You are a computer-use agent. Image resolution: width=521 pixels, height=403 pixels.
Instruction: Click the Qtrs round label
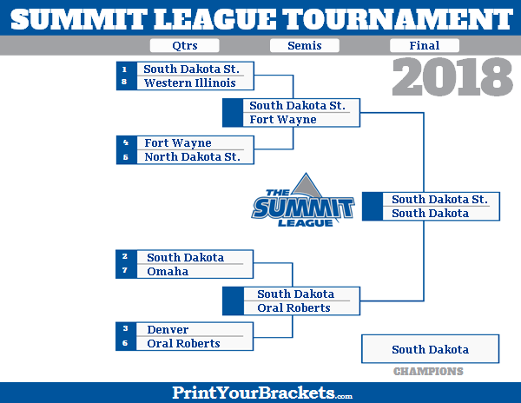[x=184, y=46]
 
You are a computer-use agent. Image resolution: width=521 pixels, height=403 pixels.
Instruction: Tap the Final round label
[x=425, y=46]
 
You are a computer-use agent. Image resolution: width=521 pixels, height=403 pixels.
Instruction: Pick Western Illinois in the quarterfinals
[x=189, y=83]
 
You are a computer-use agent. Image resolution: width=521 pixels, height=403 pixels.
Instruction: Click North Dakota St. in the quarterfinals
[x=192, y=157]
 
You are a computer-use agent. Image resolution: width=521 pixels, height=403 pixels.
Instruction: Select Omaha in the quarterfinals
[x=168, y=272]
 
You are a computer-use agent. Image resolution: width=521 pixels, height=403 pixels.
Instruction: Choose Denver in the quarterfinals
[x=168, y=330]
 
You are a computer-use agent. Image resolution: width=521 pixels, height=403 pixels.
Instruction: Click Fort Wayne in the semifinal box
[x=283, y=120]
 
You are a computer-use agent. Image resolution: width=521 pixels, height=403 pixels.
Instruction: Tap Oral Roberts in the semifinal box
[x=293, y=307]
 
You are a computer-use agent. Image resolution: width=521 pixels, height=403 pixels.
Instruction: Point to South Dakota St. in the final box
[x=439, y=200]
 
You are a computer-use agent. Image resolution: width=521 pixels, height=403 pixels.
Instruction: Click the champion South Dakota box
[x=430, y=349]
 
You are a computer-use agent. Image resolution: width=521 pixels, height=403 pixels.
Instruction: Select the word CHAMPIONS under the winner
[x=428, y=372]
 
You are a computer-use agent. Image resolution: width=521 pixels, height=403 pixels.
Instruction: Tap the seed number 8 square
[x=125, y=83]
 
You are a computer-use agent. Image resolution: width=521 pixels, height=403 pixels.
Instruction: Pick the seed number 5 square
[x=125, y=157]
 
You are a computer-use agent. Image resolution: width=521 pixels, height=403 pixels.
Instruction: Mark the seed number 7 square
[x=125, y=272]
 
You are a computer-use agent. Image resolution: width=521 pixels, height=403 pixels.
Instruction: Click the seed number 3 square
[x=125, y=330]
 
